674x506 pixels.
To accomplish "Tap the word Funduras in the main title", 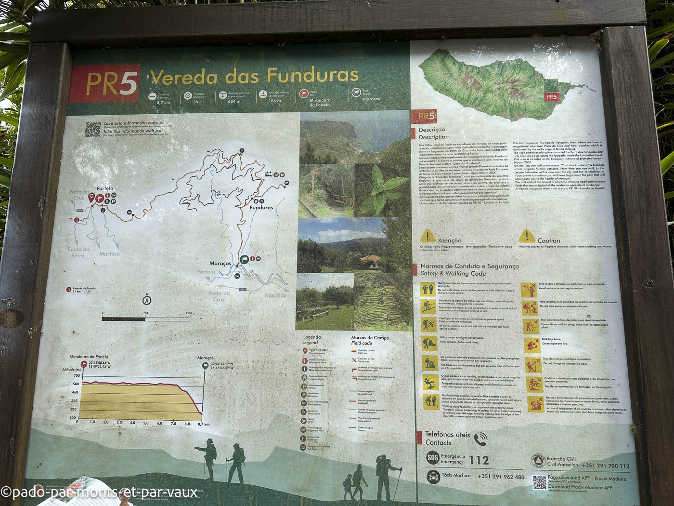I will pos(312,75).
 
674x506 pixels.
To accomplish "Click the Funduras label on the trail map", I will pos(261,208).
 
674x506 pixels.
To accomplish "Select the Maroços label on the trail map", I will pos(220,264).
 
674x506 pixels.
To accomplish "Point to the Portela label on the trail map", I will pos(105,188).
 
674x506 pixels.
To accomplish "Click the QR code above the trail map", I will pos(93,130).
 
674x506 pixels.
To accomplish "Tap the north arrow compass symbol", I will pos(147,300).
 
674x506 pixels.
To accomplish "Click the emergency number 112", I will pos(479,460).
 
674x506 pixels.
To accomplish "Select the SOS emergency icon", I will pos(433,458).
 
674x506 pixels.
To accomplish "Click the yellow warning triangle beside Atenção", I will pos(428,237).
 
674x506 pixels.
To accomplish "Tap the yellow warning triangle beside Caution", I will pos(527,236).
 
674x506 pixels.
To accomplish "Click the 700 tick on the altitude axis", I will pos(77,375).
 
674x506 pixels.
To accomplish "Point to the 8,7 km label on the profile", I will pos(204,424).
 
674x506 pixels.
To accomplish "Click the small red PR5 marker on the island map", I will pos(552,97).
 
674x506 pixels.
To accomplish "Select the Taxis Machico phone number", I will pos(501,477).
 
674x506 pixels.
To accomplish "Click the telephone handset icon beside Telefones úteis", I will pos(480,439).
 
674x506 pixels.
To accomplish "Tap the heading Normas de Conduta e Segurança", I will pos(469,266).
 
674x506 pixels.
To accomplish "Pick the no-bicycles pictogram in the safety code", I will pos(534,384).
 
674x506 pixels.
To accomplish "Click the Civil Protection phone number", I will pos(605,466).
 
